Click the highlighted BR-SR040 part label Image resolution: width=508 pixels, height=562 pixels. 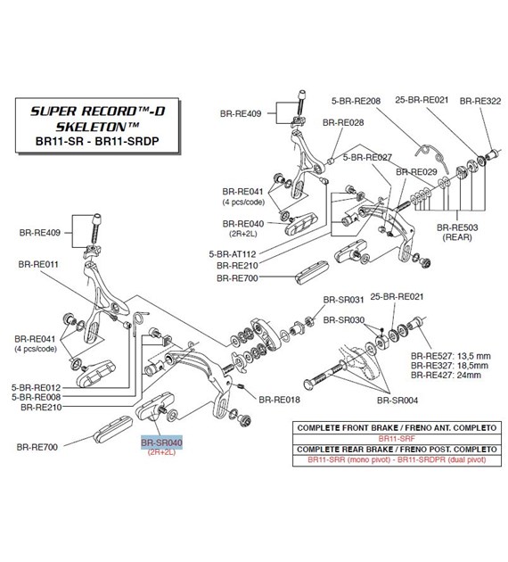[161, 442]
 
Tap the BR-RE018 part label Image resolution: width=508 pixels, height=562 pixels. [279, 400]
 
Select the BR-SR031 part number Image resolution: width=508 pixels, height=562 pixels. [343, 300]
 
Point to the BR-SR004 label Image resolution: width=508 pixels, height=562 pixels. [397, 401]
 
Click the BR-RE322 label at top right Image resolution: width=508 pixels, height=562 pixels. [480, 101]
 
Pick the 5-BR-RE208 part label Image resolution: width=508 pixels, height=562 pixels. [356, 101]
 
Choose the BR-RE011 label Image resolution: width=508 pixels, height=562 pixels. [38, 265]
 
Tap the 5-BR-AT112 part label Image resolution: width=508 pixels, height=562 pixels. [233, 254]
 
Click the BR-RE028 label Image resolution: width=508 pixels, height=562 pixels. [343, 122]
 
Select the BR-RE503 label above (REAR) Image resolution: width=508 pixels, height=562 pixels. [457, 227]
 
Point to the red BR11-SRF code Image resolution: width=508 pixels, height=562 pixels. [397, 438]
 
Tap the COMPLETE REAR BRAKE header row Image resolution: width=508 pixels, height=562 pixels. [397, 449]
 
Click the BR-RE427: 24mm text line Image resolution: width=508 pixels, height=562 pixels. [447, 376]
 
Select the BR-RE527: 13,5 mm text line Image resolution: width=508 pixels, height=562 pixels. [451, 356]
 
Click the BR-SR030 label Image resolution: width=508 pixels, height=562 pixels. [344, 319]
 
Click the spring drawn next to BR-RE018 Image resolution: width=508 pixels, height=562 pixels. [241, 386]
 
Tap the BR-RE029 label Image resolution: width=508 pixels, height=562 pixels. [416, 172]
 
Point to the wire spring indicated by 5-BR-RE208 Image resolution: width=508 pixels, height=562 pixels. [431, 154]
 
